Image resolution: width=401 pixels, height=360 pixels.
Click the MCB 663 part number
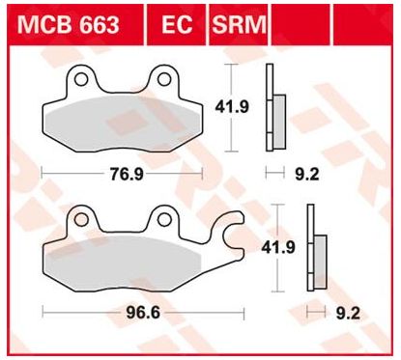[68, 24]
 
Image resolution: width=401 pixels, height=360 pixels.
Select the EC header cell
[177, 25]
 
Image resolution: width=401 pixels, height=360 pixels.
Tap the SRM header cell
[239, 25]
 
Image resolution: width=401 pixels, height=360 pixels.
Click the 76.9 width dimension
[127, 175]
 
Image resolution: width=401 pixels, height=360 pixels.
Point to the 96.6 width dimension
[143, 313]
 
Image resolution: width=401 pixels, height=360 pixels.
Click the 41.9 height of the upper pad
[232, 107]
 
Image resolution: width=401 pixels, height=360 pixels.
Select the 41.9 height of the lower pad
[278, 248]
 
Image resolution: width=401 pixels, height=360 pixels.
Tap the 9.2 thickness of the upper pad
[306, 175]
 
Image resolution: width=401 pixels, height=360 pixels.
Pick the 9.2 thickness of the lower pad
[348, 313]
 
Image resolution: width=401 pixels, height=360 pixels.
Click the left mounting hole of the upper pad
[81, 79]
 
